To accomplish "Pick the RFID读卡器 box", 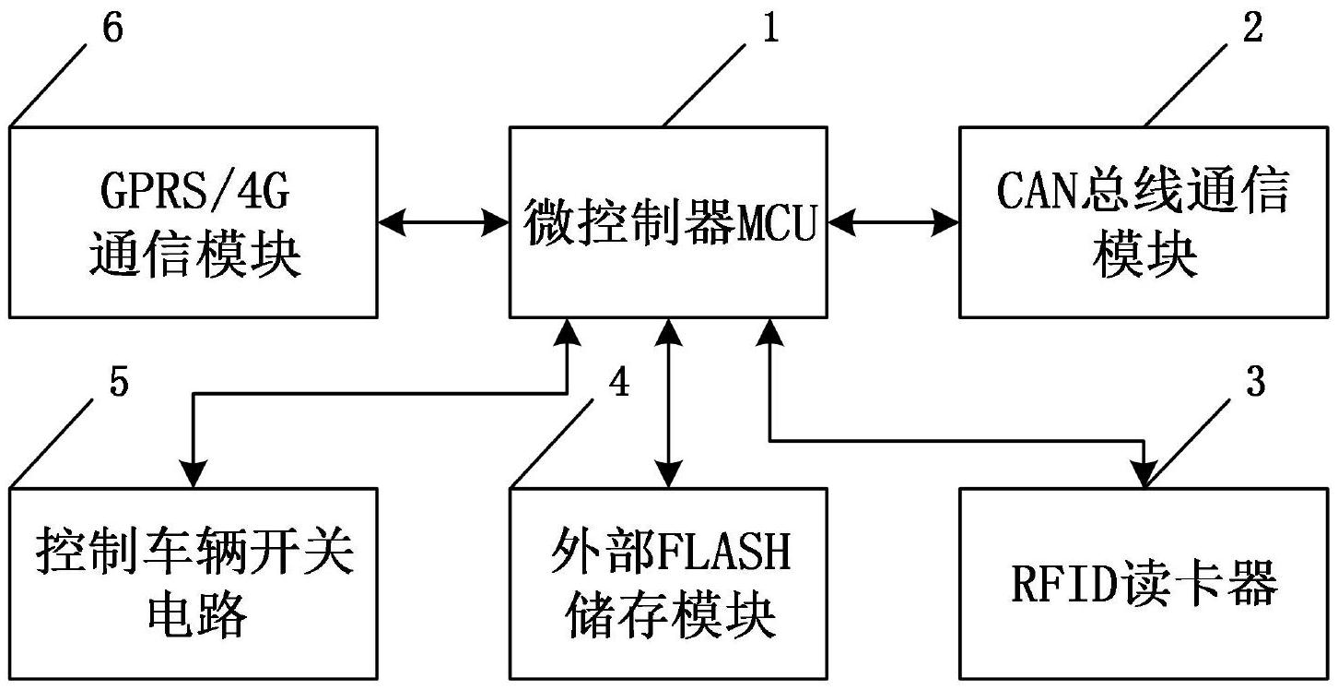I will [1144, 583].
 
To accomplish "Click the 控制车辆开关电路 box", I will [194, 583].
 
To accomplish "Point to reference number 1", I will [770, 30].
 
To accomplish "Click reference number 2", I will [1251, 30].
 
